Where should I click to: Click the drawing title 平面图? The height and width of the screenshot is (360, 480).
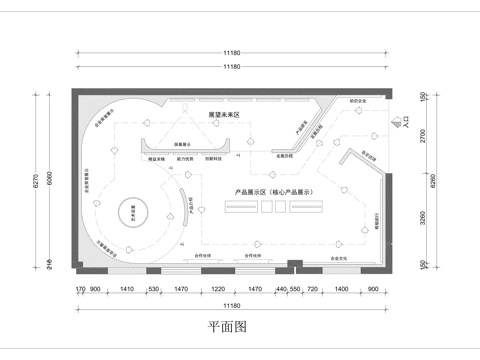click(x=227, y=326)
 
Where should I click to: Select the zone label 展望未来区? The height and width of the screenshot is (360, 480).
click(x=224, y=115)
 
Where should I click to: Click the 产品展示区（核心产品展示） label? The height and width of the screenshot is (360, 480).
click(x=274, y=190)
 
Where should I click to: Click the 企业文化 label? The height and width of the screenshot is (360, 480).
click(x=340, y=258)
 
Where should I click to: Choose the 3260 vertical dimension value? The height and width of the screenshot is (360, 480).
click(x=423, y=214)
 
